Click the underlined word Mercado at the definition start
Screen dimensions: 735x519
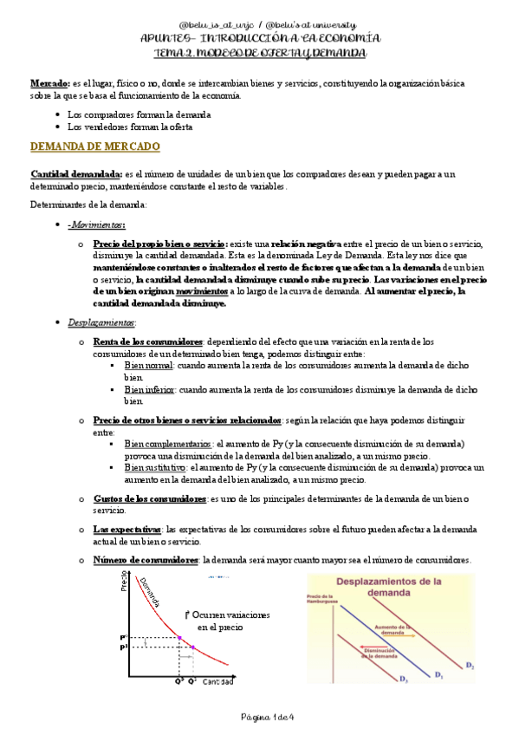click(49, 82)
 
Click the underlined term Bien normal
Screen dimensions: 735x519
click(148, 365)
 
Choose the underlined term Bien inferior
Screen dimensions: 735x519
click(150, 389)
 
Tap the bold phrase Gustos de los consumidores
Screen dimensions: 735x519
click(149, 499)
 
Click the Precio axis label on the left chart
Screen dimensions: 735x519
click(123, 589)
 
